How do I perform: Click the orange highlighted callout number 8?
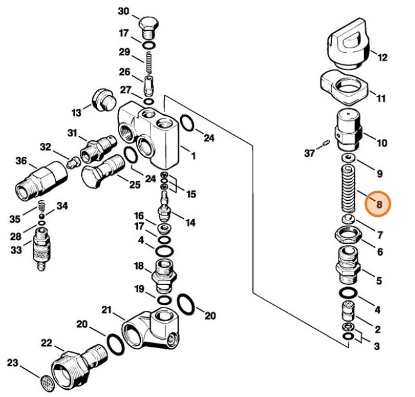tap(378, 204)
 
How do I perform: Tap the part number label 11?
tap(381, 98)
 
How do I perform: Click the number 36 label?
tap(21, 160)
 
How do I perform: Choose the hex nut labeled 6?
tap(348, 240)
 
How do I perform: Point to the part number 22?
tap(47, 342)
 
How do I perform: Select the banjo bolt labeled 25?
tap(103, 170)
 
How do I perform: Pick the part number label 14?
tap(190, 223)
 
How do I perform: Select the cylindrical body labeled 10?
tap(348, 129)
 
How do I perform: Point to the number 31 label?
tap(72, 133)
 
